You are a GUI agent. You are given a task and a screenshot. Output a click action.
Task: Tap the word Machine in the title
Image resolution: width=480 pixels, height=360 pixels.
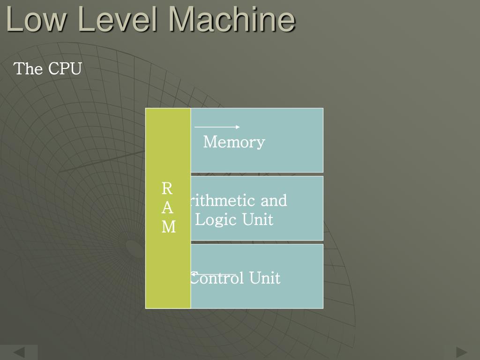(x=232, y=19)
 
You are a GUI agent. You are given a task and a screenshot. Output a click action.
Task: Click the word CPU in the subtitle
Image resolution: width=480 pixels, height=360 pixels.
(x=65, y=69)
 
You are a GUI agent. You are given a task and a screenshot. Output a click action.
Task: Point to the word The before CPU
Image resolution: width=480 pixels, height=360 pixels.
(x=29, y=69)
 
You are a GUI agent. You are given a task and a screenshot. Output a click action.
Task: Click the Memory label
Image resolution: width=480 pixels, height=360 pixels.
(x=234, y=142)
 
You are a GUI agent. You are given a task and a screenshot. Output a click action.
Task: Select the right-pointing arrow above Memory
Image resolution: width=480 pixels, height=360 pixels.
(x=217, y=127)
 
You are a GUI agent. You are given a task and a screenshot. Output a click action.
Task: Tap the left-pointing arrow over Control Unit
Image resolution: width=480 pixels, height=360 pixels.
(x=213, y=274)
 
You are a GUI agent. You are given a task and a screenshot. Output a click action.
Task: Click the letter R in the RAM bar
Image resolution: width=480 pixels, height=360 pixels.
(x=167, y=188)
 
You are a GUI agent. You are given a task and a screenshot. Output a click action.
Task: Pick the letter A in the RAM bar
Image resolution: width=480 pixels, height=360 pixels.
(x=167, y=208)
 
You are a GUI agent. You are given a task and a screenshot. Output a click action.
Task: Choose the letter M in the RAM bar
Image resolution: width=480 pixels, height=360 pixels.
(x=168, y=227)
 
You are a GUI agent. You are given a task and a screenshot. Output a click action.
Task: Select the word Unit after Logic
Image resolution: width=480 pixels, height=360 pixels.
(x=257, y=219)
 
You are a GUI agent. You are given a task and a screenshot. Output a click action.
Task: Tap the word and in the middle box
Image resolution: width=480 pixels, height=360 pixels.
(x=273, y=201)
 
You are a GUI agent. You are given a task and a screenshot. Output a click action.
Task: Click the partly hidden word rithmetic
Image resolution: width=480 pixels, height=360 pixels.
(x=222, y=201)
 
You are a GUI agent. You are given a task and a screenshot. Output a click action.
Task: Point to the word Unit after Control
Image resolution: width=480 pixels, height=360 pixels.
(x=264, y=278)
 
